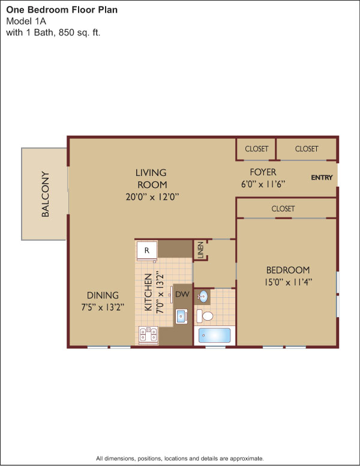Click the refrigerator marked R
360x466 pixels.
point(147,250)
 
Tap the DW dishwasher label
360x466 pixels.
point(182,294)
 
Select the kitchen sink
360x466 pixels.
point(181,316)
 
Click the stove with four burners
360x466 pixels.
point(148,335)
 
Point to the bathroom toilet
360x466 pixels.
point(205,316)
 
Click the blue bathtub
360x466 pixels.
point(214,335)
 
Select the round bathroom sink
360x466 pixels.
point(203,296)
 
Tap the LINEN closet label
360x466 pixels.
point(200,250)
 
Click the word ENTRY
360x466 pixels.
point(322,177)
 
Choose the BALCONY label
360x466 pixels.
point(45,194)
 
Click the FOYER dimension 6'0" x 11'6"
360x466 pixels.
point(263,184)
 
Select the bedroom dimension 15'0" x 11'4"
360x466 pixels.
point(288,282)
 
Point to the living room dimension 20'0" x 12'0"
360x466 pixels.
point(152,197)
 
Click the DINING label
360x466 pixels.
point(103,295)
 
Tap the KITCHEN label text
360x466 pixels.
point(148,292)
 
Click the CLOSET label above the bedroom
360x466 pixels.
point(283,208)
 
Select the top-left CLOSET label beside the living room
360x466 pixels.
point(257,148)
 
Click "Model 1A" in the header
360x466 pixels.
point(26,21)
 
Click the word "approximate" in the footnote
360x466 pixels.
point(247,459)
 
